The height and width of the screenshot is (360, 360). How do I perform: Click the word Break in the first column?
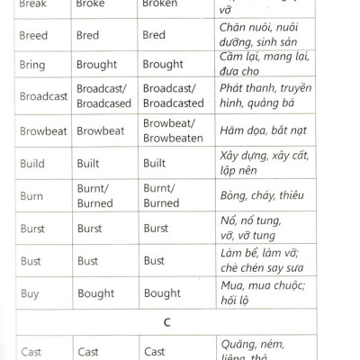click(x=33, y=4)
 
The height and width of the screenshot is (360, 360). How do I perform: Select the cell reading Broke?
click(x=93, y=4)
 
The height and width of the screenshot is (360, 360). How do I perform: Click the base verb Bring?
click(x=33, y=66)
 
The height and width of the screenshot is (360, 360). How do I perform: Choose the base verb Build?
click(x=33, y=165)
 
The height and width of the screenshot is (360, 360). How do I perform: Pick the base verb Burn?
click(x=32, y=196)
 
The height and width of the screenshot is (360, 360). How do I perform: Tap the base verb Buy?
click(x=30, y=292)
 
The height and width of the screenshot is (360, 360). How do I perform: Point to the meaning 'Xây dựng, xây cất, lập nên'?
click(x=262, y=164)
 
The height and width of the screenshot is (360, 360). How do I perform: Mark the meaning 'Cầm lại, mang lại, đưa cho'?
click(x=262, y=66)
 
